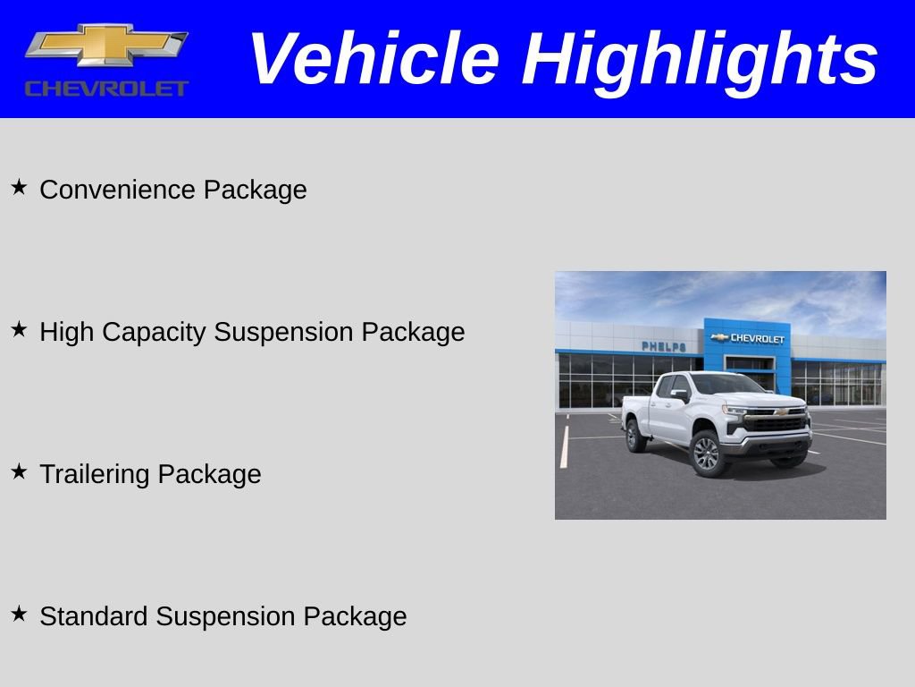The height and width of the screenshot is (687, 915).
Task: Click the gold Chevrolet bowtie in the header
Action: tap(106, 44)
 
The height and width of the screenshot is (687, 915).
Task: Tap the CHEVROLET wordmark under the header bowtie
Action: tap(106, 88)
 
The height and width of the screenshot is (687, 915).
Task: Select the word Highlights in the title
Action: tap(700, 59)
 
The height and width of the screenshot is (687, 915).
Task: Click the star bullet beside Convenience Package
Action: tap(19, 187)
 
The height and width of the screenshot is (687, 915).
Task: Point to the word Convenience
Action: tap(118, 190)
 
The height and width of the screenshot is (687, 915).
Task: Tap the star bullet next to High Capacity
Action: tap(19, 329)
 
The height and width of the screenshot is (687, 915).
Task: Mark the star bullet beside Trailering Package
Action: tap(19, 471)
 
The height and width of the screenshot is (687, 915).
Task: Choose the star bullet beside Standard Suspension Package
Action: tap(19, 614)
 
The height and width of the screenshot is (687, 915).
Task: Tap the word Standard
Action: tap(95, 616)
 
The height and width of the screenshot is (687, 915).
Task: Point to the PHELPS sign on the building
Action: tap(664, 346)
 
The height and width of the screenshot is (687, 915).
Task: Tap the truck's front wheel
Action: tap(707, 453)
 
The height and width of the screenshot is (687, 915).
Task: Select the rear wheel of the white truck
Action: tap(636, 436)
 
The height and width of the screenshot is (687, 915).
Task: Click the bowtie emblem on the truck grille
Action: tap(780, 412)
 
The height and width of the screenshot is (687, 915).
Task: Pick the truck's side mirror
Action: tap(680, 394)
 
